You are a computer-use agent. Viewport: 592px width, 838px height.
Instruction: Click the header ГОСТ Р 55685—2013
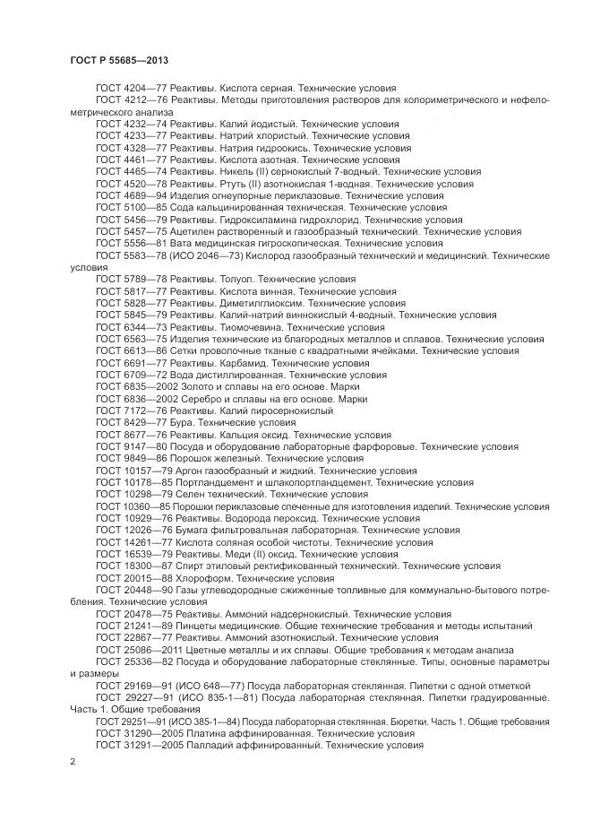click(119, 60)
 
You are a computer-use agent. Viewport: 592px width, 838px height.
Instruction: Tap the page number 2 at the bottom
click(73, 762)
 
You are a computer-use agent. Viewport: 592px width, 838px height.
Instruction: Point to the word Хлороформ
click(192, 579)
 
